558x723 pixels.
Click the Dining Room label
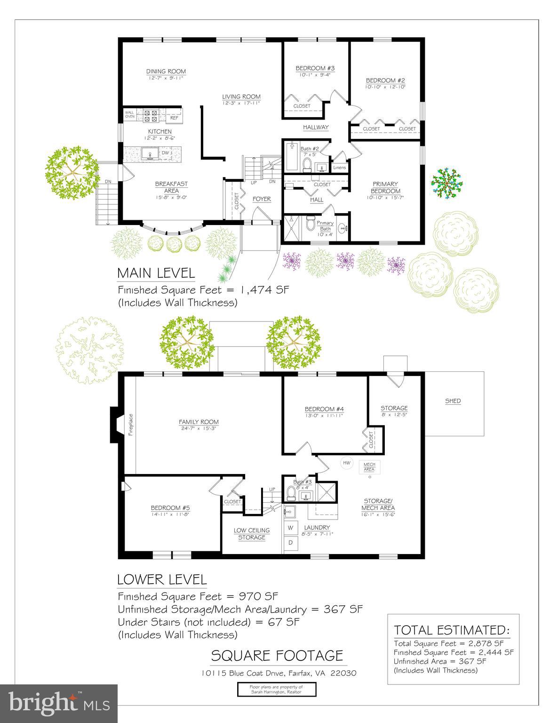tap(166, 72)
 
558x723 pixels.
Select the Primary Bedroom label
tap(385, 187)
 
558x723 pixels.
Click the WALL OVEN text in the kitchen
tap(129, 114)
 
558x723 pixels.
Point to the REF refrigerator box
tap(174, 118)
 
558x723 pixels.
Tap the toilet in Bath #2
tap(307, 164)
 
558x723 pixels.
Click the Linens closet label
tap(339, 168)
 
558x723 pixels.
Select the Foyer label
tap(262, 199)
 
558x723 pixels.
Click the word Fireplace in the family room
tap(131, 425)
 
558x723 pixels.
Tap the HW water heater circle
tap(347, 463)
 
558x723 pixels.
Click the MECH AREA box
tap(369, 467)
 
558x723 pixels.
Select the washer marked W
tap(290, 527)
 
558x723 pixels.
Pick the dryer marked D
tap(290, 543)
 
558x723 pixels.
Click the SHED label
tap(453, 401)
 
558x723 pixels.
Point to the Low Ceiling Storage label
tap(252, 534)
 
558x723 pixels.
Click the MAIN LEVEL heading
tap(156, 273)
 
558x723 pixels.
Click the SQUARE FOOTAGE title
tap(277, 656)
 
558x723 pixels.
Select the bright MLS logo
tap(59, 703)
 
